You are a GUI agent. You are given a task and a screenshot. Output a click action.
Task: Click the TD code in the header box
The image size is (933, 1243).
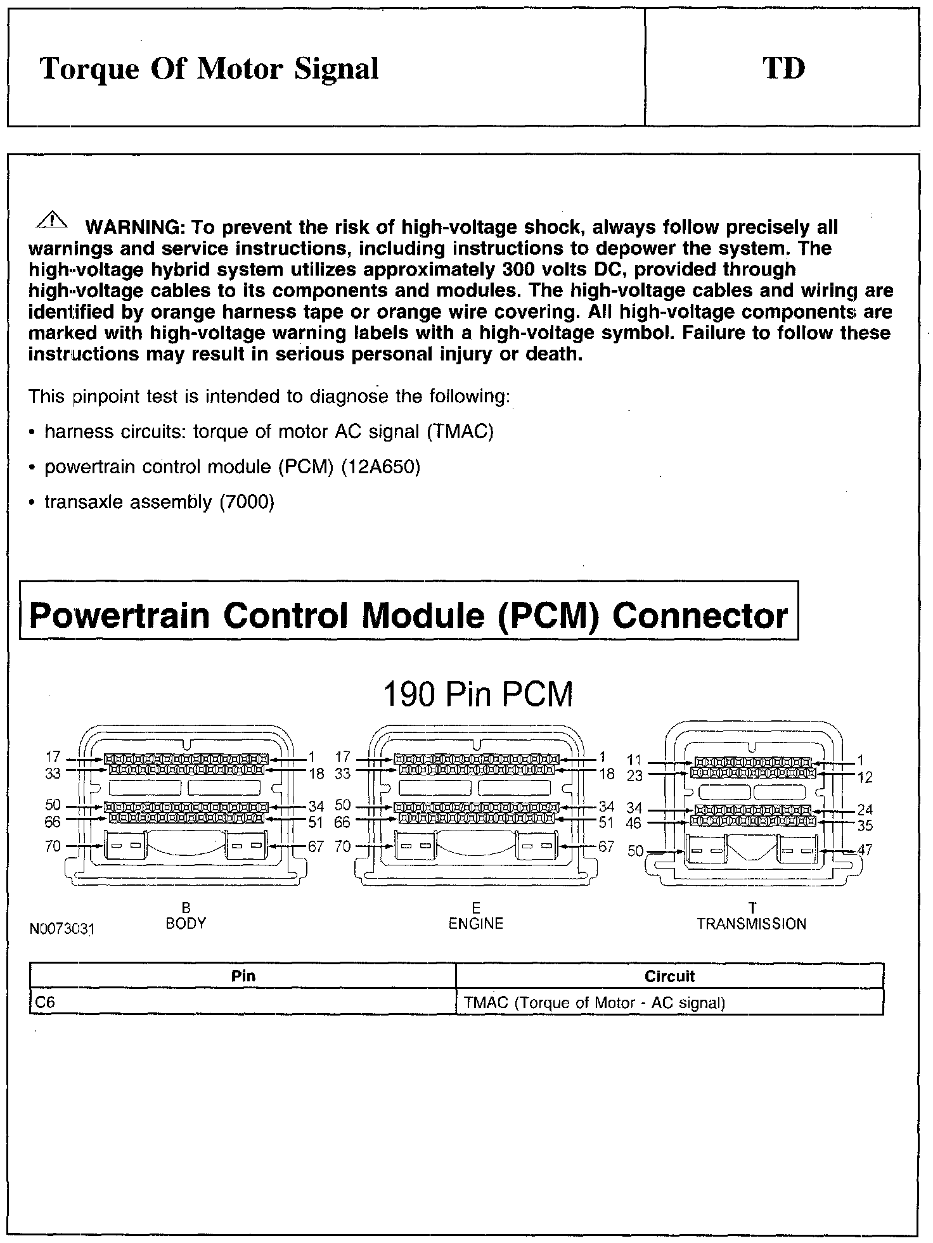pyautogui.click(x=784, y=68)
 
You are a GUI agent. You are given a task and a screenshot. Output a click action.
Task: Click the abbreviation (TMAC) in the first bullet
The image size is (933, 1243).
pyautogui.click(x=460, y=431)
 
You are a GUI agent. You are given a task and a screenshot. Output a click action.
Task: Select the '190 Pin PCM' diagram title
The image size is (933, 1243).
pyautogui.click(x=479, y=694)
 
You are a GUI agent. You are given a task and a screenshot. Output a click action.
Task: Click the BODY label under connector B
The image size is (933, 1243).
pyautogui.click(x=186, y=923)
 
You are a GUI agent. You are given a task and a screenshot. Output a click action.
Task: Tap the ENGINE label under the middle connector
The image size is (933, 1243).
pyautogui.click(x=475, y=923)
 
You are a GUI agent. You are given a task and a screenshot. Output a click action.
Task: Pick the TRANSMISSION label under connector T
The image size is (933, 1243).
pyautogui.click(x=752, y=924)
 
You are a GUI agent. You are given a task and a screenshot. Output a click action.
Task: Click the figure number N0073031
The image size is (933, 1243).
pyautogui.click(x=62, y=929)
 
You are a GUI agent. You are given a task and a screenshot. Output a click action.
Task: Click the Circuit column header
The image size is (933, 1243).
pyautogui.click(x=669, y=976)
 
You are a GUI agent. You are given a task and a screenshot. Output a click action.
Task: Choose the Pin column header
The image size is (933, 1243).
pyautogui.click(x=243, y=976)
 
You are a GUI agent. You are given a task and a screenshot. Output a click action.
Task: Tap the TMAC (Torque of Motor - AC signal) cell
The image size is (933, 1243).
pyautogui.click(x=595, y=1003)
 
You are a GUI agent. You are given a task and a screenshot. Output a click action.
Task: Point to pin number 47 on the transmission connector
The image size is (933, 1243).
pyautogui.click(x=865, y=850)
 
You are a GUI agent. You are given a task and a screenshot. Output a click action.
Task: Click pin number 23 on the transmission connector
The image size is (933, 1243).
pyautogui.click(x=634, y=775)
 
